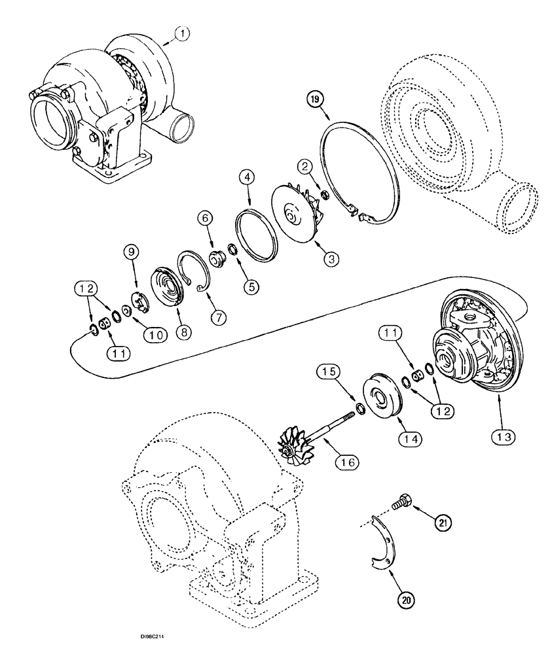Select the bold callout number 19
[316, 99]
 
